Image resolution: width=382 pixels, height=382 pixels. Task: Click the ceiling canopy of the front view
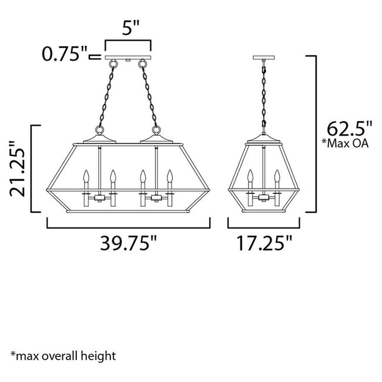click(128, 58)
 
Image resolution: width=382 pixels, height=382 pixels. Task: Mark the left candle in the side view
click(250, 179)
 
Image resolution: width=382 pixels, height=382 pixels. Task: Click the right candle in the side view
click(277, 179)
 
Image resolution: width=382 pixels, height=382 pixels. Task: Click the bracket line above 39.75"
click(129, 227)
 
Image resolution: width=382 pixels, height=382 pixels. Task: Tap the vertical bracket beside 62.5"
click(316, 135)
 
